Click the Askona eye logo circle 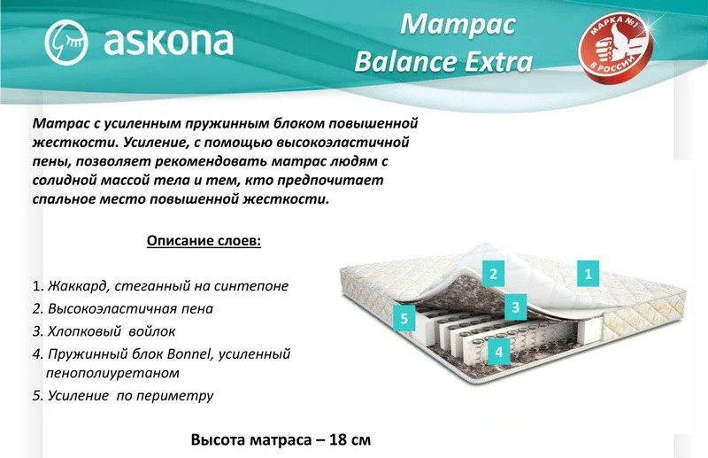click(66, 42)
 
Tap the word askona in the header click(168, 41)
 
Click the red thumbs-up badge click(617, 45)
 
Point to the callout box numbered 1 click(588, 273)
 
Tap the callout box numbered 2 click(493, 273)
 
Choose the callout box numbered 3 click(516, 307)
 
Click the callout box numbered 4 click(498, 352)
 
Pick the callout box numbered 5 click(404, 318)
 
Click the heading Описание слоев click(204, 241)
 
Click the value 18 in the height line click(338, 439)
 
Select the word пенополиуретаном click(112, 373)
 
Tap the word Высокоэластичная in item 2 click(112, 308)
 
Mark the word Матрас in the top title click(458, 24)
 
